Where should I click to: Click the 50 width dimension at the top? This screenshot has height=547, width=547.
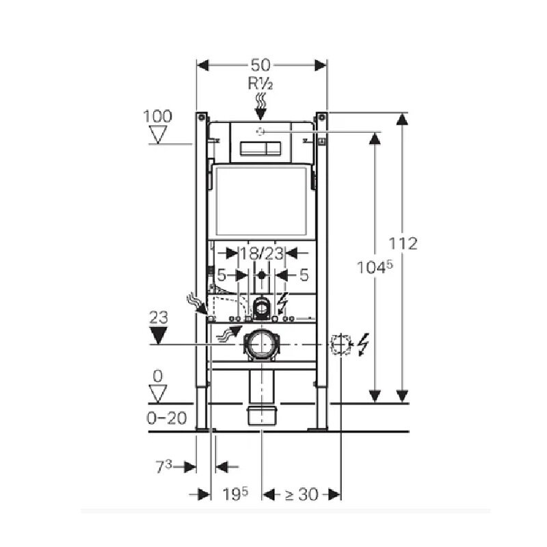tap(261, 65)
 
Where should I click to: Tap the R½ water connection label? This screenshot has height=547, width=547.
tap(261, 84)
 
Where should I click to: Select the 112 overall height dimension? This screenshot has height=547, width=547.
tap(403, 243)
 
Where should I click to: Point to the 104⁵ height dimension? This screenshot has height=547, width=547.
tap(375, 267)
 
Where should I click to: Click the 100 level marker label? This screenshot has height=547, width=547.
tap(158, 116)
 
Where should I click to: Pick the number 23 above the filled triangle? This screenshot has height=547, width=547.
tap(159, 317)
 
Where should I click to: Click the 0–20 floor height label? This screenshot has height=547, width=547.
tap(167, 418)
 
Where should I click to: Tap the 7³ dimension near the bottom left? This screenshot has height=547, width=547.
tap(164, 467)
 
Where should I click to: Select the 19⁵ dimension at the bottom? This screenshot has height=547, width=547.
tap(235, 494)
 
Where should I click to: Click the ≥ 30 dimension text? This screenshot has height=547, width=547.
tap(302, 494)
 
